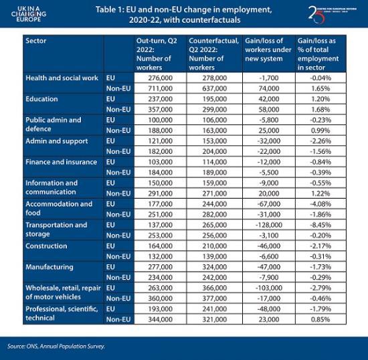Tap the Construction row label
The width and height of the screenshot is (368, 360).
click(x=47, y=246)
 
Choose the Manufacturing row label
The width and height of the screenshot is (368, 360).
click(x=49, y=267)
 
